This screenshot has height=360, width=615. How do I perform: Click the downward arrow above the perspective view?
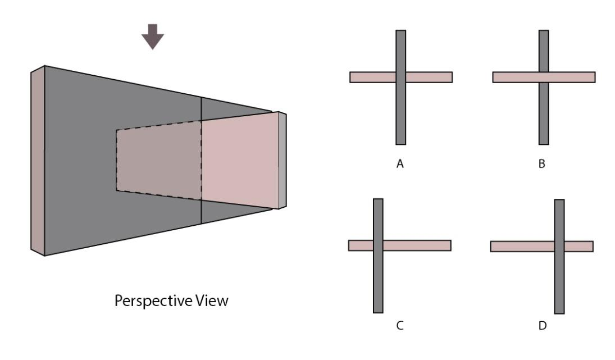(152, 38)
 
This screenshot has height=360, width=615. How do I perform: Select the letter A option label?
(400, 165)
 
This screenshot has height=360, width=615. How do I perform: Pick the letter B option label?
(543, 165)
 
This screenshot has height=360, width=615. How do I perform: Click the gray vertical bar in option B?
(544, 118)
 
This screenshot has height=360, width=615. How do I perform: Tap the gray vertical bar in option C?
(378, 281)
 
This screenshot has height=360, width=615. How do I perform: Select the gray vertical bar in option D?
(559, 281)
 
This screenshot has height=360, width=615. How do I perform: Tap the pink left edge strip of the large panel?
(37, 161)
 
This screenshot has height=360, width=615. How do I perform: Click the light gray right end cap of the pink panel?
(282, 161)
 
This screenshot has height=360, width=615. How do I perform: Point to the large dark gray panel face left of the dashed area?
(79, 161)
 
